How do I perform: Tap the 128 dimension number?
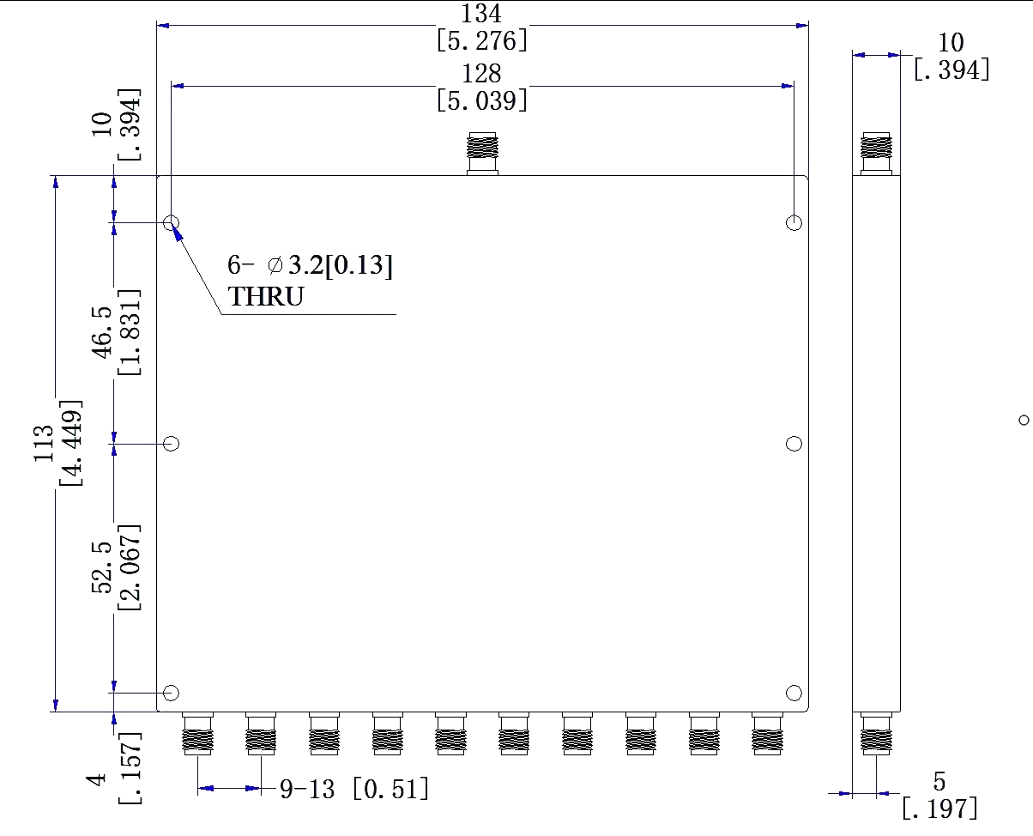(x=480, y=72)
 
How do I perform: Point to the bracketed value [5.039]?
(x=480, y=101)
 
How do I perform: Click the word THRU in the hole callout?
(x=265, y=297)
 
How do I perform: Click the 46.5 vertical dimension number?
(x=103, y=333)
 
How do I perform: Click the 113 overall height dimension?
(x=43, y=445)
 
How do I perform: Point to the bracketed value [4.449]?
(x=72, y=443)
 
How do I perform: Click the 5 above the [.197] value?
(x=939, y=782)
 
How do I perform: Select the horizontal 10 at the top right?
(x=951, y=41)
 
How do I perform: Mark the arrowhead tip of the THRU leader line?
(x=170, y=225)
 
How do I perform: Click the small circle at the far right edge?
(x=1022, y=419)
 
